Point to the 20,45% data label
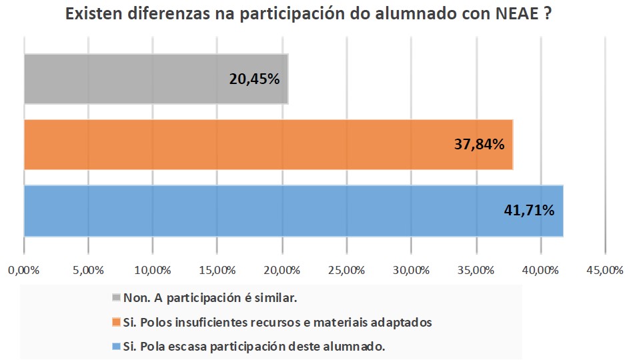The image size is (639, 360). [x=254, y=79]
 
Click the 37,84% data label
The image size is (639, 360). [x=478, y=144]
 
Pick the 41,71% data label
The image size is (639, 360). [x=528, y=211]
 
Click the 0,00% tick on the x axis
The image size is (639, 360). [x=24, y=271]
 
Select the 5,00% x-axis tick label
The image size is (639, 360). [x=89, y=271]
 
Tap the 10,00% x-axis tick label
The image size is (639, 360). [x=153, y=271]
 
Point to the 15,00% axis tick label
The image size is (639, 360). [x=217, y=271]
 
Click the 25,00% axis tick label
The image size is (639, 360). [x=347, y=271]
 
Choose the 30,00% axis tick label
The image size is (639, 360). [x=411, y=271]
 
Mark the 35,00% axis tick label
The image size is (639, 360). [x=476, y=271]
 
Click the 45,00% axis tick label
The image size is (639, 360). [x=604, y=271]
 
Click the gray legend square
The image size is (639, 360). [x=117, y=297]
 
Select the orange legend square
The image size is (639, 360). [x=117, y=322]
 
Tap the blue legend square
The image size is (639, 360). [x=117, y=347]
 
